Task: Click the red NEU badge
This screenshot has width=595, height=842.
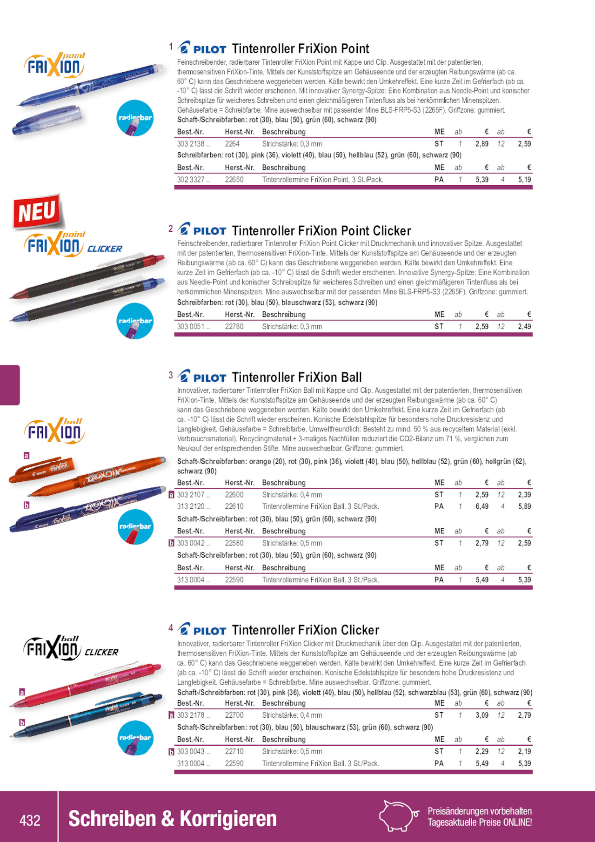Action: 37,212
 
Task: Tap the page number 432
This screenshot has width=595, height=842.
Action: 30,820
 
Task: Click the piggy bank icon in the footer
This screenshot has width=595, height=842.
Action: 398,815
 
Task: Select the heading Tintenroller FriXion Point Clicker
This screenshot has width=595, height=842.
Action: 321,231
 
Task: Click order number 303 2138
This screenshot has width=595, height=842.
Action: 191,144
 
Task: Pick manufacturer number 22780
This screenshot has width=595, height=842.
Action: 234,327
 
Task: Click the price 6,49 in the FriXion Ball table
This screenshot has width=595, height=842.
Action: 481,506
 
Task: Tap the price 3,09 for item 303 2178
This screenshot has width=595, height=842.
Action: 481,715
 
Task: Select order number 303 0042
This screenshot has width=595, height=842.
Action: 191,543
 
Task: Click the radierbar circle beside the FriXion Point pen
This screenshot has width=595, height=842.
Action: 135,118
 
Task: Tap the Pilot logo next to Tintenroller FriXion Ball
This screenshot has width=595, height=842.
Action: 202,377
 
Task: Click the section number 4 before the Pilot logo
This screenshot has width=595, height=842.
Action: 171,628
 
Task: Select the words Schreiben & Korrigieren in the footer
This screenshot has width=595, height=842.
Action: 172,819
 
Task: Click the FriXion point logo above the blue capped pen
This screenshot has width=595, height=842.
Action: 54,65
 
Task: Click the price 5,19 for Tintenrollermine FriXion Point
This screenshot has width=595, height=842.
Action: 524,180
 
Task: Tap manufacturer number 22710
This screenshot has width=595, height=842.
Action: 234,752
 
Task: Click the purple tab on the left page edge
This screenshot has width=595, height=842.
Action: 9,385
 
